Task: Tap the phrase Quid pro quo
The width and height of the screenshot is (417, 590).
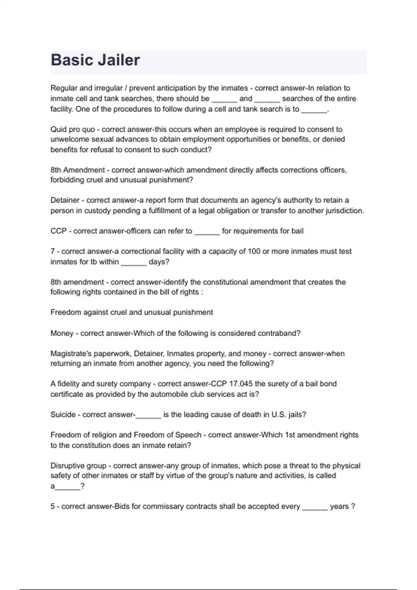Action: coord(73,129)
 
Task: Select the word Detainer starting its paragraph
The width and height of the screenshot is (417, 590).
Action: coord(65,200)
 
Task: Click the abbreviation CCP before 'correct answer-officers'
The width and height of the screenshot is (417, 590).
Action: coord(58,231)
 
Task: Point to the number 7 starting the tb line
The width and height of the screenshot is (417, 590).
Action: coord(52,251)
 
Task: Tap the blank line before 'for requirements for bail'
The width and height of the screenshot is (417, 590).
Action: coord(207,233)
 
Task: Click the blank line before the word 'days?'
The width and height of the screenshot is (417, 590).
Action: coord(134,263)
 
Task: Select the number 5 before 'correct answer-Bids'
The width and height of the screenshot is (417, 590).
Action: coord(52,507)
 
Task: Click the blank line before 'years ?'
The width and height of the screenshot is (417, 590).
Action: coord(315,508)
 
